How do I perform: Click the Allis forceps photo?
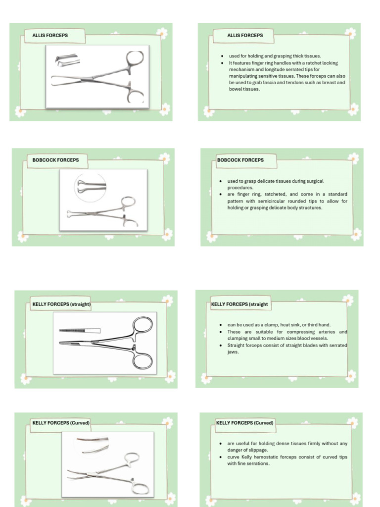[97, 74]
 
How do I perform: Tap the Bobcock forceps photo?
[103, 200]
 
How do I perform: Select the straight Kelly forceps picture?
[105, 343]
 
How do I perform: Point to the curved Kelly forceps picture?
[107, 463]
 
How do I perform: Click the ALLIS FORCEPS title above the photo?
[50, 36]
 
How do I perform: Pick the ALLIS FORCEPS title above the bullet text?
[245, 36]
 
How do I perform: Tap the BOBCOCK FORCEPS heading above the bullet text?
[240, 160]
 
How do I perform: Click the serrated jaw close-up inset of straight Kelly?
[79, 330]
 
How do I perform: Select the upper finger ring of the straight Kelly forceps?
[143, 325]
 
